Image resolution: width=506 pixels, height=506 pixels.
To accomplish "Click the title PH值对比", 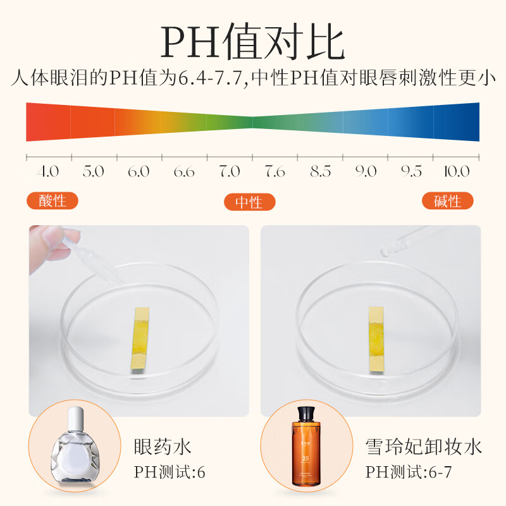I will tap(253, 42).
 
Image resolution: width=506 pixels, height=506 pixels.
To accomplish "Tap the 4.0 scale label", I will tap(48, 171).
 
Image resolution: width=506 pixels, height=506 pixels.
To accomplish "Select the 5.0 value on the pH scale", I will tap(93, 171).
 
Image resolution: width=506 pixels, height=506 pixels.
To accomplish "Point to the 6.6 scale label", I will tap(184, 171).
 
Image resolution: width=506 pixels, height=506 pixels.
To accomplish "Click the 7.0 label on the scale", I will tap(230, 171).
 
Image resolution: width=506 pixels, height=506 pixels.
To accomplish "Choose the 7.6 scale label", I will tap(275, 171).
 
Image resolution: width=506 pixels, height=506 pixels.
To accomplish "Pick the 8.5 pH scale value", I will tap(321, 171).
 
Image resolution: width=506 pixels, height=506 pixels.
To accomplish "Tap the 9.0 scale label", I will tap(366, 171).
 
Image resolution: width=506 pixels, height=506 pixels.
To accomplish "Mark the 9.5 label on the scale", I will tap(411, 171).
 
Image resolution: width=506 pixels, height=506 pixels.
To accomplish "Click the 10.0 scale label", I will tap(457, 171).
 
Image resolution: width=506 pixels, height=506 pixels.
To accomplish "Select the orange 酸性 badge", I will tap(52, 201).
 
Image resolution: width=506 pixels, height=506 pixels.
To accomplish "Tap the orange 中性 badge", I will tap(250, 202).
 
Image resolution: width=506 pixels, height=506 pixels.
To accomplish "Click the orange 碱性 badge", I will tap(449, 201).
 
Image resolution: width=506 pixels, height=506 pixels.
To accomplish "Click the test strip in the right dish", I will tap(377, 338).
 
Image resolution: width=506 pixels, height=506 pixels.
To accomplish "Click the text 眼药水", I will tap(163, 447).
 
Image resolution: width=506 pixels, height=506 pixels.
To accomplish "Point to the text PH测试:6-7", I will tap(409, 472).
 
